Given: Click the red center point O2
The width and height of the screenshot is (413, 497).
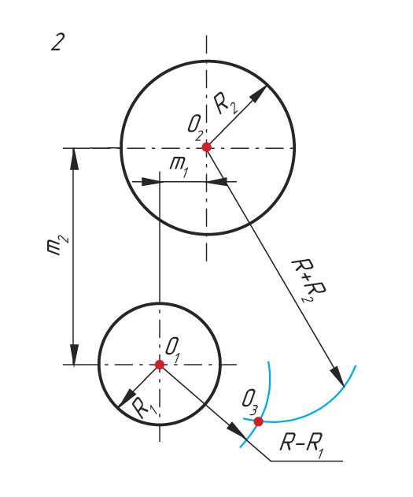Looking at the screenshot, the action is tap(206, 147).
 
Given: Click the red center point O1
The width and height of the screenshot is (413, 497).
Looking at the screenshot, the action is tap(160, 365).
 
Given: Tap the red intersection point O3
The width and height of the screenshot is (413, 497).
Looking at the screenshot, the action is tap(259, 421).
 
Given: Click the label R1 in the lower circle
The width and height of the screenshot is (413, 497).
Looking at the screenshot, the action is tap(144, 408).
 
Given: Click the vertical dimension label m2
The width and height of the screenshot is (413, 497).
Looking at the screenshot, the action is tap(57, 246).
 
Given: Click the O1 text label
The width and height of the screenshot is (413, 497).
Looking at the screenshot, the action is tap(173, 350).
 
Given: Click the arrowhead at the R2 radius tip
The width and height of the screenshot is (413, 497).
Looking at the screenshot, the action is tap(260, 94).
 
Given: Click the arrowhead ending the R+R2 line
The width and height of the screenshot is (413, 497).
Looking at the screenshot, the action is tap(338, 376).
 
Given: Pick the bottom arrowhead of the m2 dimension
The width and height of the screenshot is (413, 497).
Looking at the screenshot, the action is tap(74, 354).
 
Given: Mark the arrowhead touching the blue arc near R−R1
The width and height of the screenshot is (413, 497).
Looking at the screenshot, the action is tap(237, 430).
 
